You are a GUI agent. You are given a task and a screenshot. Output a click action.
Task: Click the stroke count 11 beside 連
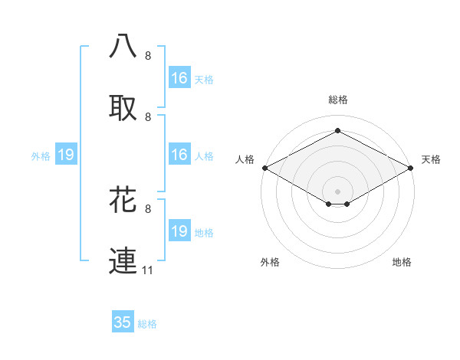click(149, 270)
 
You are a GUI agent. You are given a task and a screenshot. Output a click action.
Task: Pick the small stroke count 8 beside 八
click(148, 56)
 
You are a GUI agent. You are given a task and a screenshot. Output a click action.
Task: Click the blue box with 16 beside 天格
click(179, 78)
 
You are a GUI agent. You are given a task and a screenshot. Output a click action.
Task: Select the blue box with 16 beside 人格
click(179, 155)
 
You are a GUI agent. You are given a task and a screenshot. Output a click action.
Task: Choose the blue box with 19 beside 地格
click(179, 231)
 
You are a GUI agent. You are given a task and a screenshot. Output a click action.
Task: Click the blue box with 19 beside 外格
click(66, 155)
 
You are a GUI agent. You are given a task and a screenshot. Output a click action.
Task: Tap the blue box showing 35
click(123, 322)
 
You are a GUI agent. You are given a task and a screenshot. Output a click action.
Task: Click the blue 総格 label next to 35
click(147, 324)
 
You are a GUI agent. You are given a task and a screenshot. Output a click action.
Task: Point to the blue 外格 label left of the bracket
click(41, 156)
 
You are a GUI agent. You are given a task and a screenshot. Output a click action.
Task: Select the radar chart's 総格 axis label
click(338, 100)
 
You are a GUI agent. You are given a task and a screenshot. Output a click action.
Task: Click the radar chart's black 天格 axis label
click(431, 159)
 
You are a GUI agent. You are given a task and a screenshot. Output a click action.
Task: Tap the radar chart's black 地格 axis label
click(402, 262)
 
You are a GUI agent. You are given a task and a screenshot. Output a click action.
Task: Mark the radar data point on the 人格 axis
click(264, 168)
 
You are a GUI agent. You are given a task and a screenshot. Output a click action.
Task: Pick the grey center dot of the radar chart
click(338, 190)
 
